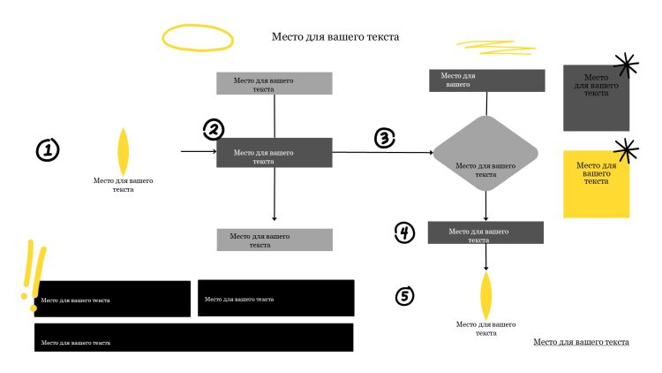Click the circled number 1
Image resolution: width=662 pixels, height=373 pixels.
[x=48, y=150]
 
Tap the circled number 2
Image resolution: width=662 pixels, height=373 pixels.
[x=214, y=130]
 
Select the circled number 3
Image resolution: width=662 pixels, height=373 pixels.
[x=384, y=138]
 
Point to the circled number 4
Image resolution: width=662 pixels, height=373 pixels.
[x=404, y=232]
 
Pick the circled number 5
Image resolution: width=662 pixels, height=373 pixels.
[x=404, y=295]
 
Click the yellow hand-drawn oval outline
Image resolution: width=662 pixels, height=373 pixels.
[x=198, y=37]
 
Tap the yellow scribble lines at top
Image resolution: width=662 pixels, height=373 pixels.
[x=482, y=45]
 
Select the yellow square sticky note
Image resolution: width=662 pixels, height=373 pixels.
[x=596, y=184]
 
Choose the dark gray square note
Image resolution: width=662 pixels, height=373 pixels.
[x=596, y=98]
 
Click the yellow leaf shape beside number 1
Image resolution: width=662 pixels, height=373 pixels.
[x=124, y=151]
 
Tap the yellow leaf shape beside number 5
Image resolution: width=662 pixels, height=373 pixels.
[x=485, y=295]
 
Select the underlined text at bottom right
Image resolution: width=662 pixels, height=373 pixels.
[x=582, y=341]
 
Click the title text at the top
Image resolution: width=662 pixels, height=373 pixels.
[x=335, y=37]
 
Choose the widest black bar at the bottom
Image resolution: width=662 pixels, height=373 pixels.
[x=193, y=338]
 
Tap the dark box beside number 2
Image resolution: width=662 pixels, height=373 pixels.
[x=275, y=152]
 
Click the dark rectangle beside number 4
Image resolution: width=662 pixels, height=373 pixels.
[x=485, y=232]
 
